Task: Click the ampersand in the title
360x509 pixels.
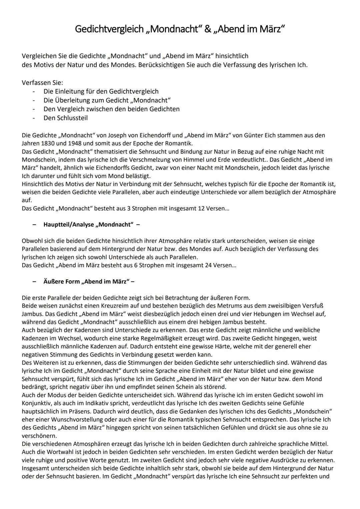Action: tap(208, 29)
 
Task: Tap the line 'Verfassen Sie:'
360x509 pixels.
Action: tap(42, 83)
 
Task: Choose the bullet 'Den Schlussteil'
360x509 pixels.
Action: tap(66, 118)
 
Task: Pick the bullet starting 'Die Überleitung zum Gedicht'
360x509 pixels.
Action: tap(107, 100)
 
